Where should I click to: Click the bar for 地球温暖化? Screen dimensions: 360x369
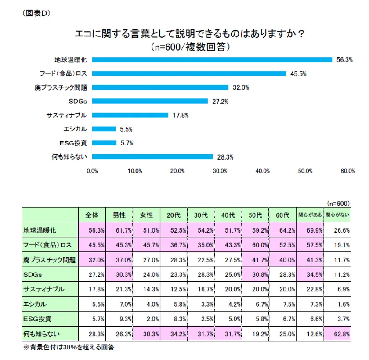212,59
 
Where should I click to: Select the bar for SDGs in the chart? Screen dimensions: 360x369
150,101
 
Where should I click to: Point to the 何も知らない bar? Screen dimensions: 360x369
152,156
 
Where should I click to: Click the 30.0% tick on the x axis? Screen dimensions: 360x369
220,171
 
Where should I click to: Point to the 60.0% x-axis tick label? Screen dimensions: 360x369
348,171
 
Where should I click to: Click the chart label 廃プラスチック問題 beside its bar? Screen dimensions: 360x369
61,87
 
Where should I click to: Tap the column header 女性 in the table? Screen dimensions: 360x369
146,215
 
